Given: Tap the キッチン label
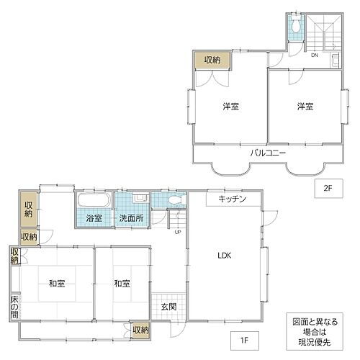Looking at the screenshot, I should click(x=233, y=199).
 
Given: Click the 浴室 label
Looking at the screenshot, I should click(x=94, y=217).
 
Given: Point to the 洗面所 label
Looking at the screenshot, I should click(x=132, y=217).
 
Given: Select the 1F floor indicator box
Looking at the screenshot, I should click(x=246, y=337).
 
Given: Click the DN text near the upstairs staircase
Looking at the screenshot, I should click(x=315, y=55).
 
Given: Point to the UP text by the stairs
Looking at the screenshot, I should click(x=177, y=232).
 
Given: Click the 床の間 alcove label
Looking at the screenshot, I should click(x=14, y=306).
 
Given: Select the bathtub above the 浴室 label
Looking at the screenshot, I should click(x=93, y=201).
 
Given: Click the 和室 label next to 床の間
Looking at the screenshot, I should click(x=58, y=283).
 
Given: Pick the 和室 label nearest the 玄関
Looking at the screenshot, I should click(x=122, y=283).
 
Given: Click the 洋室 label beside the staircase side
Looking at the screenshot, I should click(x=305, y=107).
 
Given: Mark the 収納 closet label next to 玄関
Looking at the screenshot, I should click(x=141, y=330).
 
